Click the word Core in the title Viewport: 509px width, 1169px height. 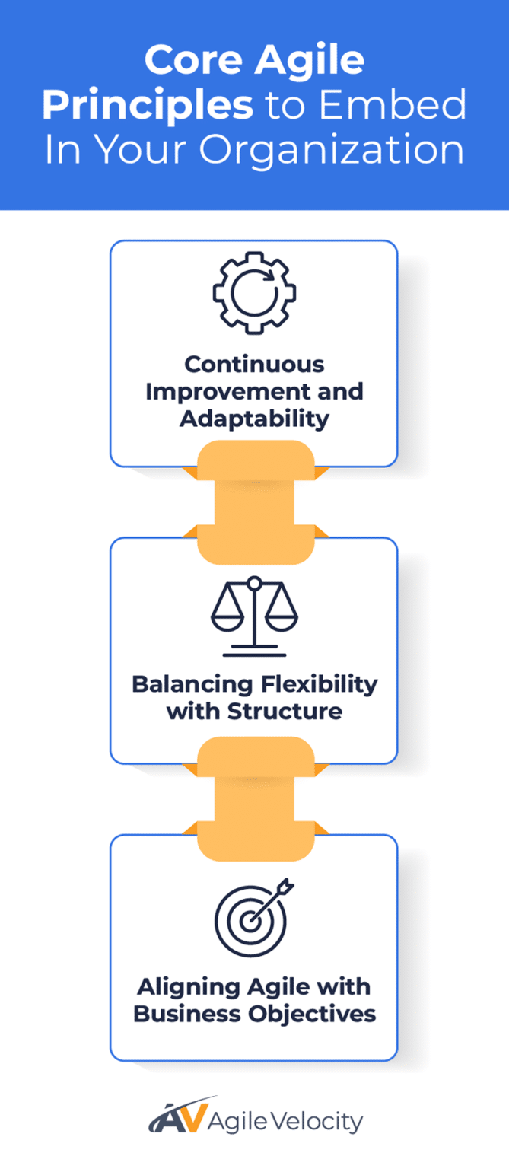click(x=192, y=60)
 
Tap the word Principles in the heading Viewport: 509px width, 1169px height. click(x=148, y=106)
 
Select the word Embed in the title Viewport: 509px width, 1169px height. click(x=415, y=105)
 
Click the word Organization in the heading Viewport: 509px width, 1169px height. click(x=332, y=149)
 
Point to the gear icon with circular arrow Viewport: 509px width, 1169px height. click(x=254, y=293)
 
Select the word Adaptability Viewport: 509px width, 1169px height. click(x=254, y=419)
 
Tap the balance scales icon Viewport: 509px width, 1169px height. click(x=254, y=616)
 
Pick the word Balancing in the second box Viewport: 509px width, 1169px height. click(x=183, y=683)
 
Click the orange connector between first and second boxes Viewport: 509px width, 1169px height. click(x=255, y=502)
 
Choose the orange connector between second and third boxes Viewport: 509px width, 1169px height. click(x=255, y=799)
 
